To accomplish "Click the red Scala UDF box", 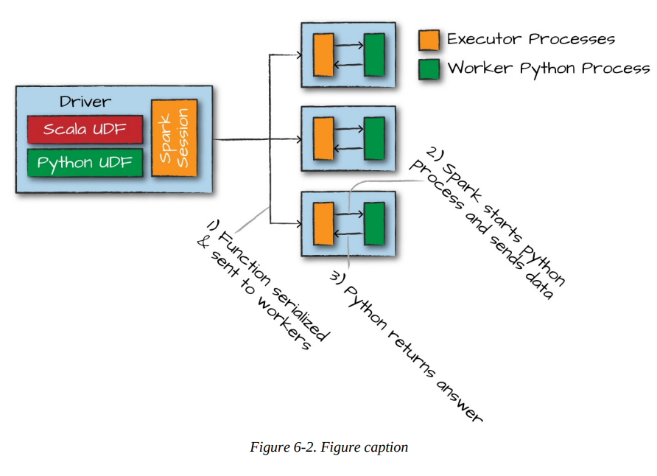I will click(x=85, y=130).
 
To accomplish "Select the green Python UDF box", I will click(x=85, y=163).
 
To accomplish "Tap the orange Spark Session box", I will click(x=175, y=137).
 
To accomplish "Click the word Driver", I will click(x=85, y=101).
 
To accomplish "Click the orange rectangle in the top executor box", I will click(x=323, y=55).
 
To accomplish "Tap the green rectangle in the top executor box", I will click(x=374, y=55).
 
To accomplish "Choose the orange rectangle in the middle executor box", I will click(x=323, y=139).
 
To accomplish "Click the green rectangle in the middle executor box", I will click(x=374, y=139).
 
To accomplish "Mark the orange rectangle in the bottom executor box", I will click(x=323, y=223).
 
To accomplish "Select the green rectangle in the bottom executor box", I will click(x=374, y=223).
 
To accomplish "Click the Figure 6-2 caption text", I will click(x=328, y=447).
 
